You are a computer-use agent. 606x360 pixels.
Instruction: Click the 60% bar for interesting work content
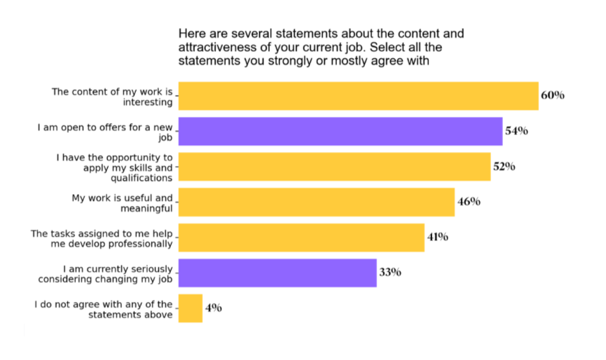click(x=358, y=96)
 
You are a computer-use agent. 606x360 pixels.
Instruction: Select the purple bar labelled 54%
click(x=340, y=131)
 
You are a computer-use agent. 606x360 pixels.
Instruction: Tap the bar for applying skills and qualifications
click(x=334, y=167)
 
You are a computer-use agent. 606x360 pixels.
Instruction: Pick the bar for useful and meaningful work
click(x=317, y=202)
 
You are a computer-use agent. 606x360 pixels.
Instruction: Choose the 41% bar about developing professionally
click(x=301, y=237)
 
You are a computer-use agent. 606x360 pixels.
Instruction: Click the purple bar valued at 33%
click(x=277, y=273)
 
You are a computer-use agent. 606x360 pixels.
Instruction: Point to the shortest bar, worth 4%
click(x=191, y=308)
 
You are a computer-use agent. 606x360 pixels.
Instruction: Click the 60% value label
click(x=552, y=95)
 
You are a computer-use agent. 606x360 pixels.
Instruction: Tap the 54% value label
click(x=516, y=131)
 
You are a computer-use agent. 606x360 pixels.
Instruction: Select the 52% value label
click(x=504, y=167)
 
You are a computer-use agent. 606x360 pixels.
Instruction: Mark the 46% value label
click(x=469, y=202)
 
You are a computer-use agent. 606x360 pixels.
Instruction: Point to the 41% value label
click(x=438, y=237)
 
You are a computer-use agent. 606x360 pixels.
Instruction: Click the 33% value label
click(x=390, y=272)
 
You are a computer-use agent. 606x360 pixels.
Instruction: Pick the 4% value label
click(x=213, y=307)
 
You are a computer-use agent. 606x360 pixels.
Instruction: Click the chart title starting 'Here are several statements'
click(x=321, y=47)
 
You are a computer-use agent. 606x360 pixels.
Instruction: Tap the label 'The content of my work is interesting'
click(x=112, y=97)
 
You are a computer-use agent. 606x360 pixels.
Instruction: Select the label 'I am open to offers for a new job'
click(x=105, y=132)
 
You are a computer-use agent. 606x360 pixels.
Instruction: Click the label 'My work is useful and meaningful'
click(x=122, y=202)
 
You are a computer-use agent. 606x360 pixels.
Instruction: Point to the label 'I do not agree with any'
click(x=104, y=309)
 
